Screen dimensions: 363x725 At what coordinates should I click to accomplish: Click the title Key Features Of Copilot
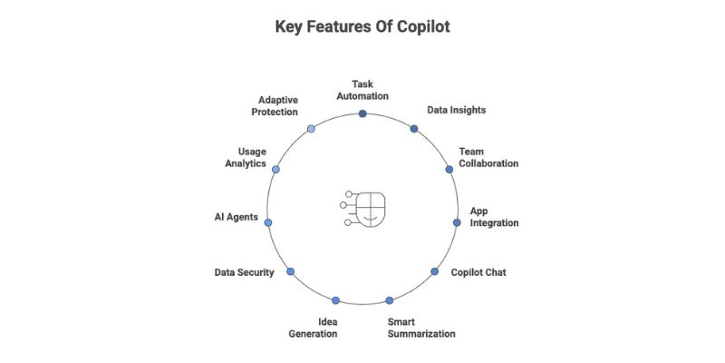pyautogui.click(x=362, y=27)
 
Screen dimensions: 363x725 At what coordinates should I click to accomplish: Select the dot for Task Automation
pyautogui.click(x=362, y=113)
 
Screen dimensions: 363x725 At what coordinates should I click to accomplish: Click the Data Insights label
pyautogui.click(x=457, y=110)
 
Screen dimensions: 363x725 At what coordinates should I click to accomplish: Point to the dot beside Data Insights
pyautogui.click(x=414, y=129)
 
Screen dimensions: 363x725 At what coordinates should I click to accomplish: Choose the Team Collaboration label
pyautogui.click(x=488, y=157)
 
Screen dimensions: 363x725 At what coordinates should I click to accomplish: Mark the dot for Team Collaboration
pyautogui.click(x=449, y=170)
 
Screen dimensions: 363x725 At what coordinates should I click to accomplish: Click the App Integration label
pyautogui.click(x=494, y=217)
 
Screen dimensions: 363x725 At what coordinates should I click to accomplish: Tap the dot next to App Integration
pyautogui.click(x=457, y=222)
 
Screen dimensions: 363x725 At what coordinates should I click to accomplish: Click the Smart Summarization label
pyautogui.click(x=421, y=328)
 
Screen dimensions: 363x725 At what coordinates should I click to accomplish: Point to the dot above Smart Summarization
pyautogui.click(x=390, y=300)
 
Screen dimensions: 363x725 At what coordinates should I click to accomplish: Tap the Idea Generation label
pyautogui.click(x=314, y=328)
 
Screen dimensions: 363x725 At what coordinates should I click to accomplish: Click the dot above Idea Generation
pyautogui.click(x=335, y=300)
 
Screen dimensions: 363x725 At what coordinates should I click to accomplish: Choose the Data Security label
pyautogui.click(x=244, y=271)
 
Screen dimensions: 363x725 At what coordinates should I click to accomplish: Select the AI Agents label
pyautogui.click(x=237, y=218)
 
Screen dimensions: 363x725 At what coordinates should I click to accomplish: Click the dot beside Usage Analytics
pyautogui.click(x=276, y=170)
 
